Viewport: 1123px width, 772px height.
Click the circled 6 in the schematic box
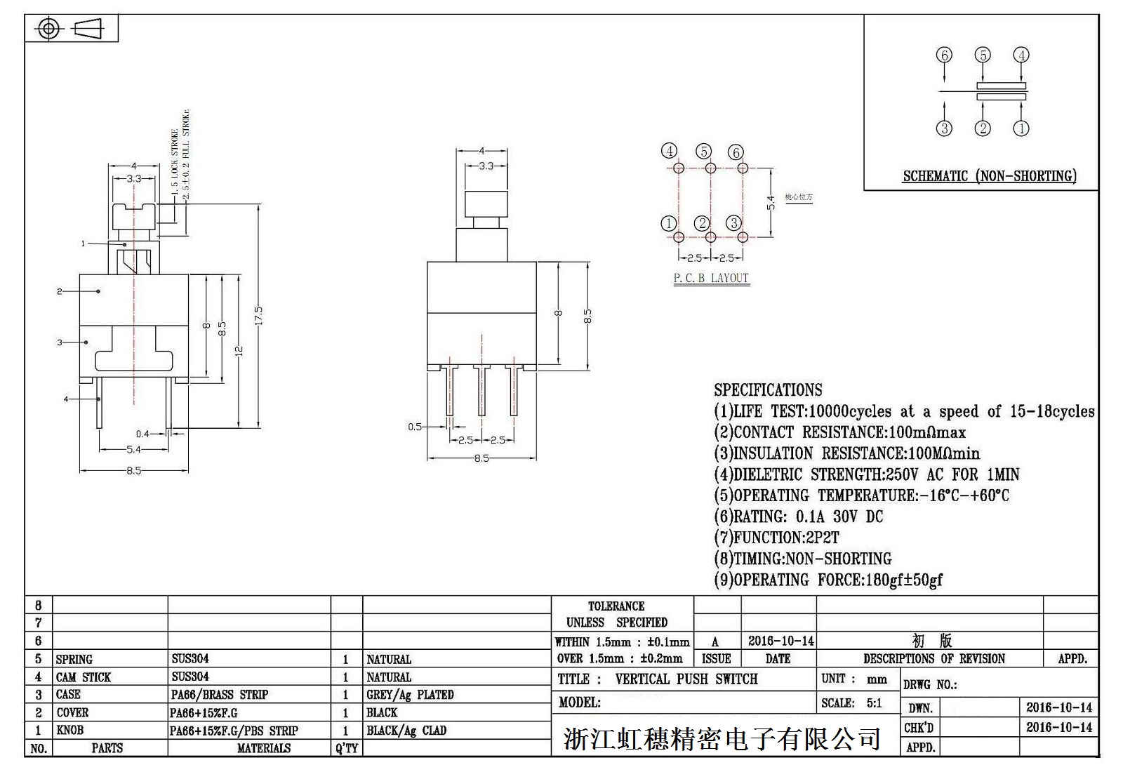coord(944,55)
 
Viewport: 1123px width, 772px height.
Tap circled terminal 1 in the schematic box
coord(1021,128)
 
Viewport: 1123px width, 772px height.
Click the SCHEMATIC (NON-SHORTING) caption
coord(989,175)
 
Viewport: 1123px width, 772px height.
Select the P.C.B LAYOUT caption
coord(711,278)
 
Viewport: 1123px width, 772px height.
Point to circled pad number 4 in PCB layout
coord(670,151)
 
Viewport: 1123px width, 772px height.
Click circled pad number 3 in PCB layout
coord(733,223)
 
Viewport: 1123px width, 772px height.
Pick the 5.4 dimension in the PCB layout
coord(771,202)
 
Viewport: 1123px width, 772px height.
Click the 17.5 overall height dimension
coord(258,314)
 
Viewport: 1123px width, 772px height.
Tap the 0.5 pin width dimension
coord(415,427)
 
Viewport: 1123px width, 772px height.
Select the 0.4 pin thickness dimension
coord(142,434)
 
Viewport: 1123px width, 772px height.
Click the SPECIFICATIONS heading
coord(768,390)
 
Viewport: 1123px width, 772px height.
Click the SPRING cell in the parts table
coord(74,659)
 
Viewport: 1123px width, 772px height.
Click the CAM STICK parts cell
coord(83,677)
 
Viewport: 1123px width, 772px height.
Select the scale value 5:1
coord(874,703)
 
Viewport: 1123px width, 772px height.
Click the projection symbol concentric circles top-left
coord(48,29)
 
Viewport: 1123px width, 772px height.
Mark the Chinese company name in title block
coord(722,739)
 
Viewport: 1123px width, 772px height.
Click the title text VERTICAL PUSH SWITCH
coord(686,679)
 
